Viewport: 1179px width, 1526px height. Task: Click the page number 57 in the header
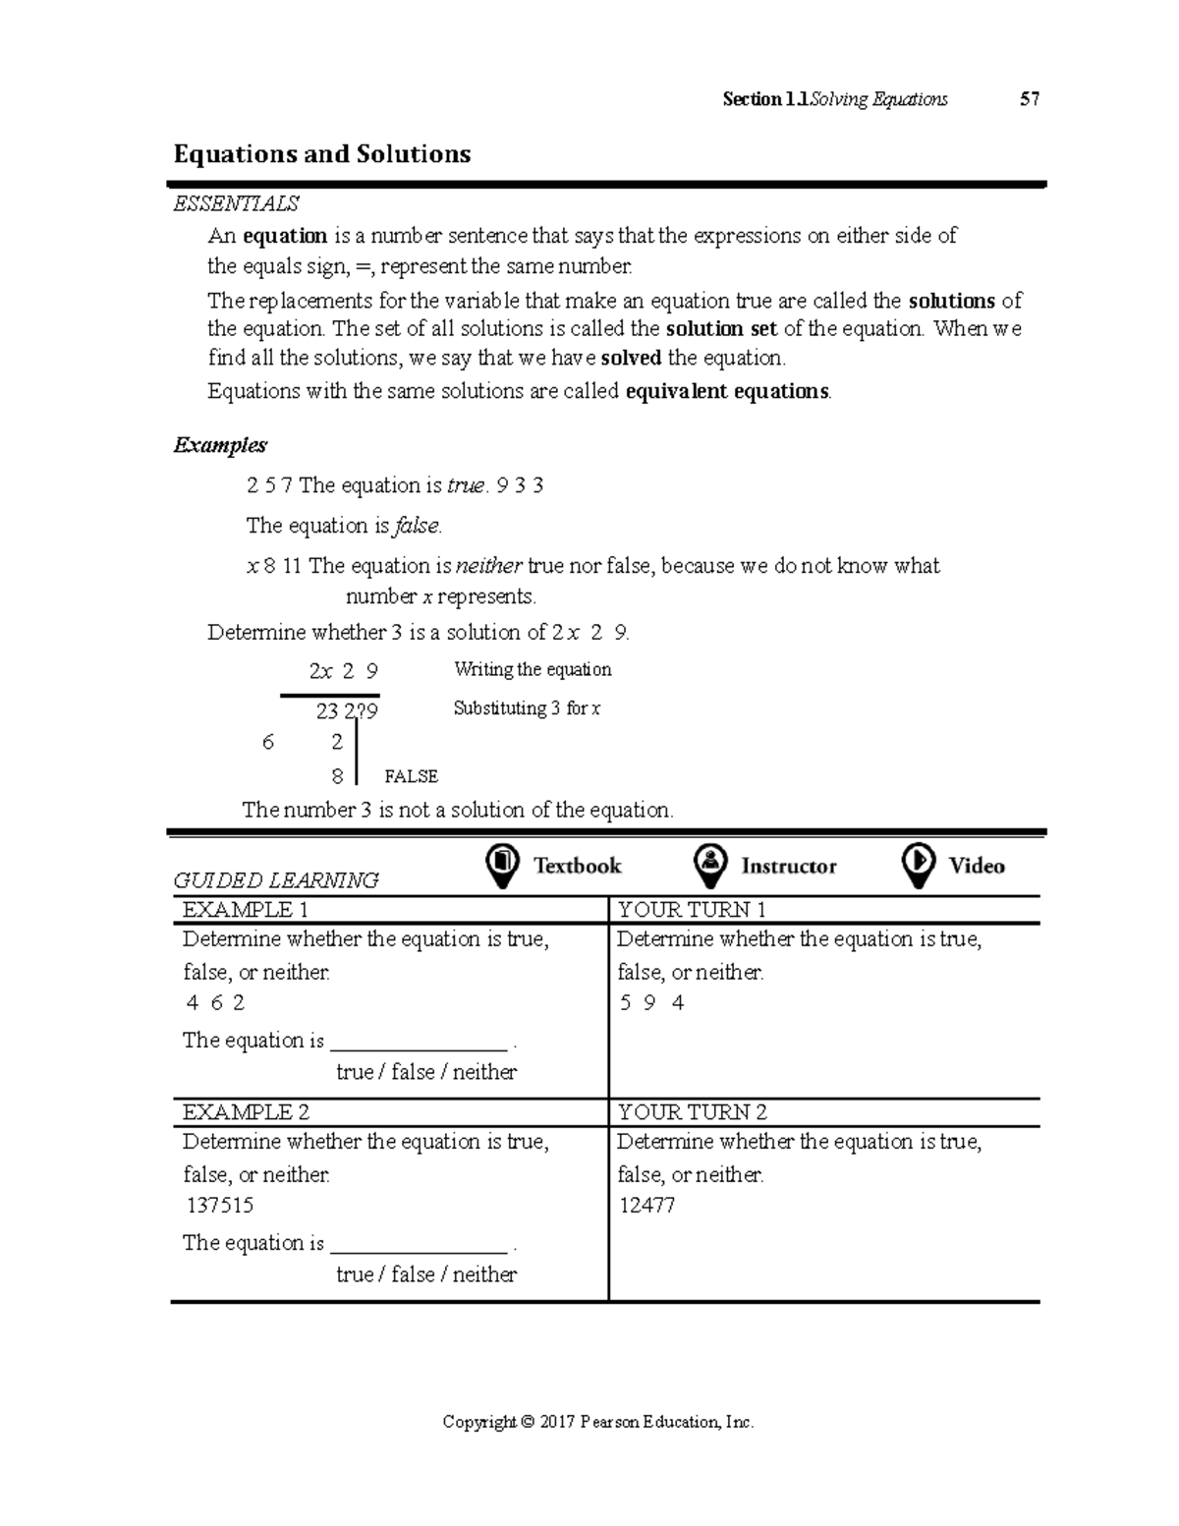coord(1029,99)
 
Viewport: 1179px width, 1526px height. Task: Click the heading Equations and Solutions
coord(322,154)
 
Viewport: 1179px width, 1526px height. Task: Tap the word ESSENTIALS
coord(236,203)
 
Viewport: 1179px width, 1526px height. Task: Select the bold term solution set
coord(721,328)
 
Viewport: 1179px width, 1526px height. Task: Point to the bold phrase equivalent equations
coord(727,391)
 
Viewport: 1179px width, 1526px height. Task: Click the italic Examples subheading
coord(220,445)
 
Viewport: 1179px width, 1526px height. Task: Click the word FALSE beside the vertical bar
coord(411,776)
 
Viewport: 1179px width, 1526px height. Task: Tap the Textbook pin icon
coord(502,866)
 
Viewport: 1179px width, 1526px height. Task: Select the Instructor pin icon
coord(709,866)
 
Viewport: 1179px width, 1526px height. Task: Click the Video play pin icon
coord(918,866)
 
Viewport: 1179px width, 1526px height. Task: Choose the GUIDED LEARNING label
coord(276,880)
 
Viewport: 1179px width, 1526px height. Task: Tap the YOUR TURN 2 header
coord(692,1112)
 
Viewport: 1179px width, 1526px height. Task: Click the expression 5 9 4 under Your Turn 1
coord(652,1003)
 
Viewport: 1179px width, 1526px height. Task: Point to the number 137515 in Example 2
coord(219,1206)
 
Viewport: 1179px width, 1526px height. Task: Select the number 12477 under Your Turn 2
coord(646,1206)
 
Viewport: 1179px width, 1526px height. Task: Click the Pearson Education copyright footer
coord(598,1422)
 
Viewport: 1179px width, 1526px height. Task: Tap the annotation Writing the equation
coord(533,670)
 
